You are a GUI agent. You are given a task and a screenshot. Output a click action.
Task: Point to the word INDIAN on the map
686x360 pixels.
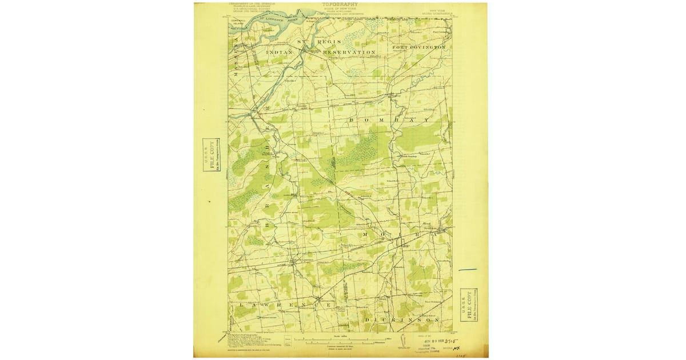280,52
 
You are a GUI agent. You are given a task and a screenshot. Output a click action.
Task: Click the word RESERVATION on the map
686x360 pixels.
349,52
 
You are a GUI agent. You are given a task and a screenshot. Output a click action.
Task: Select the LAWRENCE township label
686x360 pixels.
284,306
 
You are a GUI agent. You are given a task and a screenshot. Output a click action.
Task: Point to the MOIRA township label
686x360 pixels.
394,235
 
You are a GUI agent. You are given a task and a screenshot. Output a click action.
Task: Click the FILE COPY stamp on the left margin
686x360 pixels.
212,155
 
